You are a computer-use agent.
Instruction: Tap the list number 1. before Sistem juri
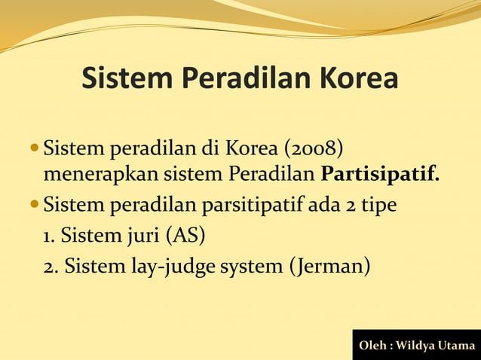49,236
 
